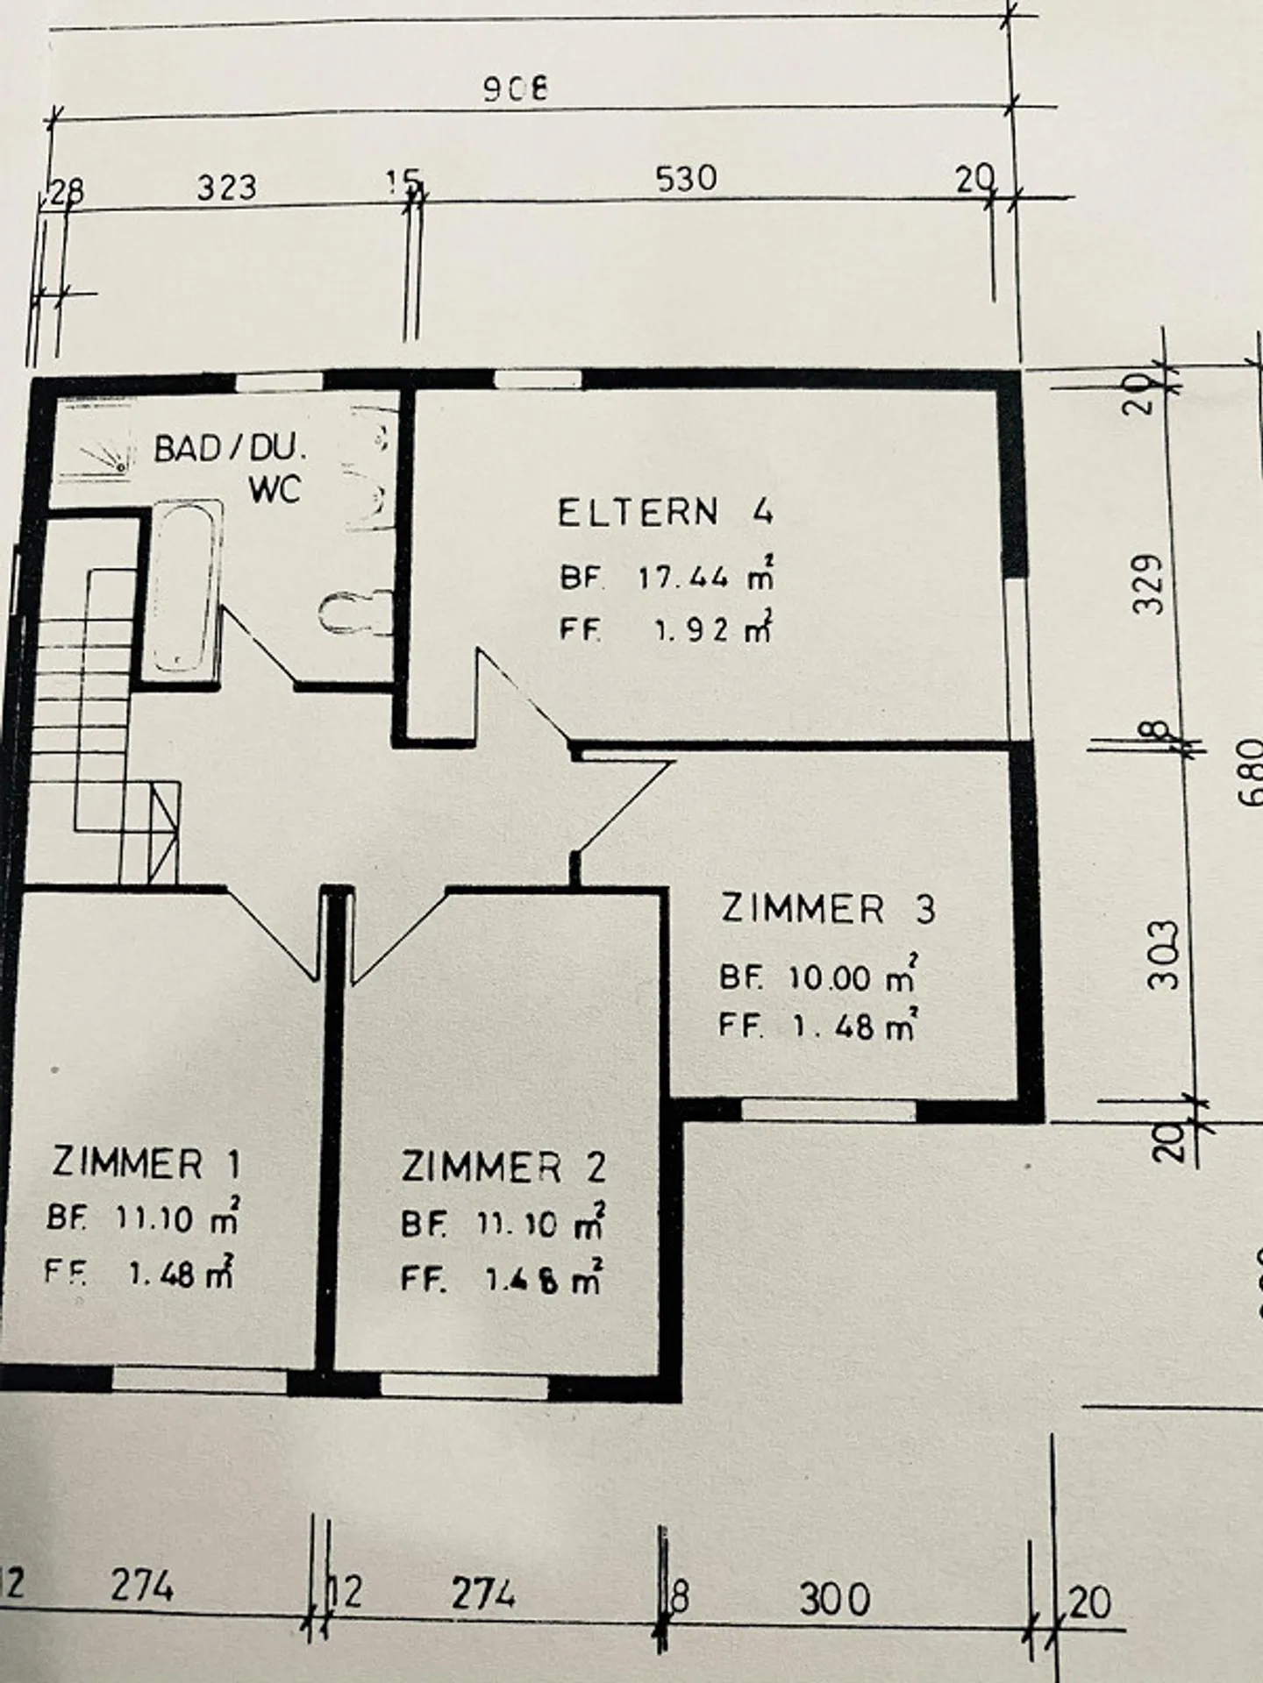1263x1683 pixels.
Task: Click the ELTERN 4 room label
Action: pyautogui.click(x=665, y=511)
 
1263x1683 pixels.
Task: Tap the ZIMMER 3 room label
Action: pyautogui.click(x=828, y=908)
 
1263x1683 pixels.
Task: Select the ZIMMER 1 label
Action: pyautogui.click(x=146, y=1163)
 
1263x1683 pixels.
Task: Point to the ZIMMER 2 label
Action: pyautogui.click(x=503, y=1167)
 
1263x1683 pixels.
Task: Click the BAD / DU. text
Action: pyautogui.click(x=231, y=450)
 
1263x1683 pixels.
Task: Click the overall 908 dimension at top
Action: pyautogui.click(x=516, y=89)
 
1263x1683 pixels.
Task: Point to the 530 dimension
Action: pyautogui.click(x=686, y=179)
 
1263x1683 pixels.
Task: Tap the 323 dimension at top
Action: pyautogui.click(x=226, y=187)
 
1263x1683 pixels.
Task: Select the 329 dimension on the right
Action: pyautogui.click(x=1149, y=583)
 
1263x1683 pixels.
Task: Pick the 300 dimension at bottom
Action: pyautogui.click(x=834, y=1600)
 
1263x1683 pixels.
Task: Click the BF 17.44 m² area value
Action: pyautogui.click(x=667, y=577)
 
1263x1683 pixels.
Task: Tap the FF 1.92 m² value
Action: pyautogui.click(x=666, y=629)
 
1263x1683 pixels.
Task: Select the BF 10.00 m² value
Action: pyautogui.click(x=818, y=976)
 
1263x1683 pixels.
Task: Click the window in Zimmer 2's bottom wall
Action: pyautogui.click(x=464, y=1385)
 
